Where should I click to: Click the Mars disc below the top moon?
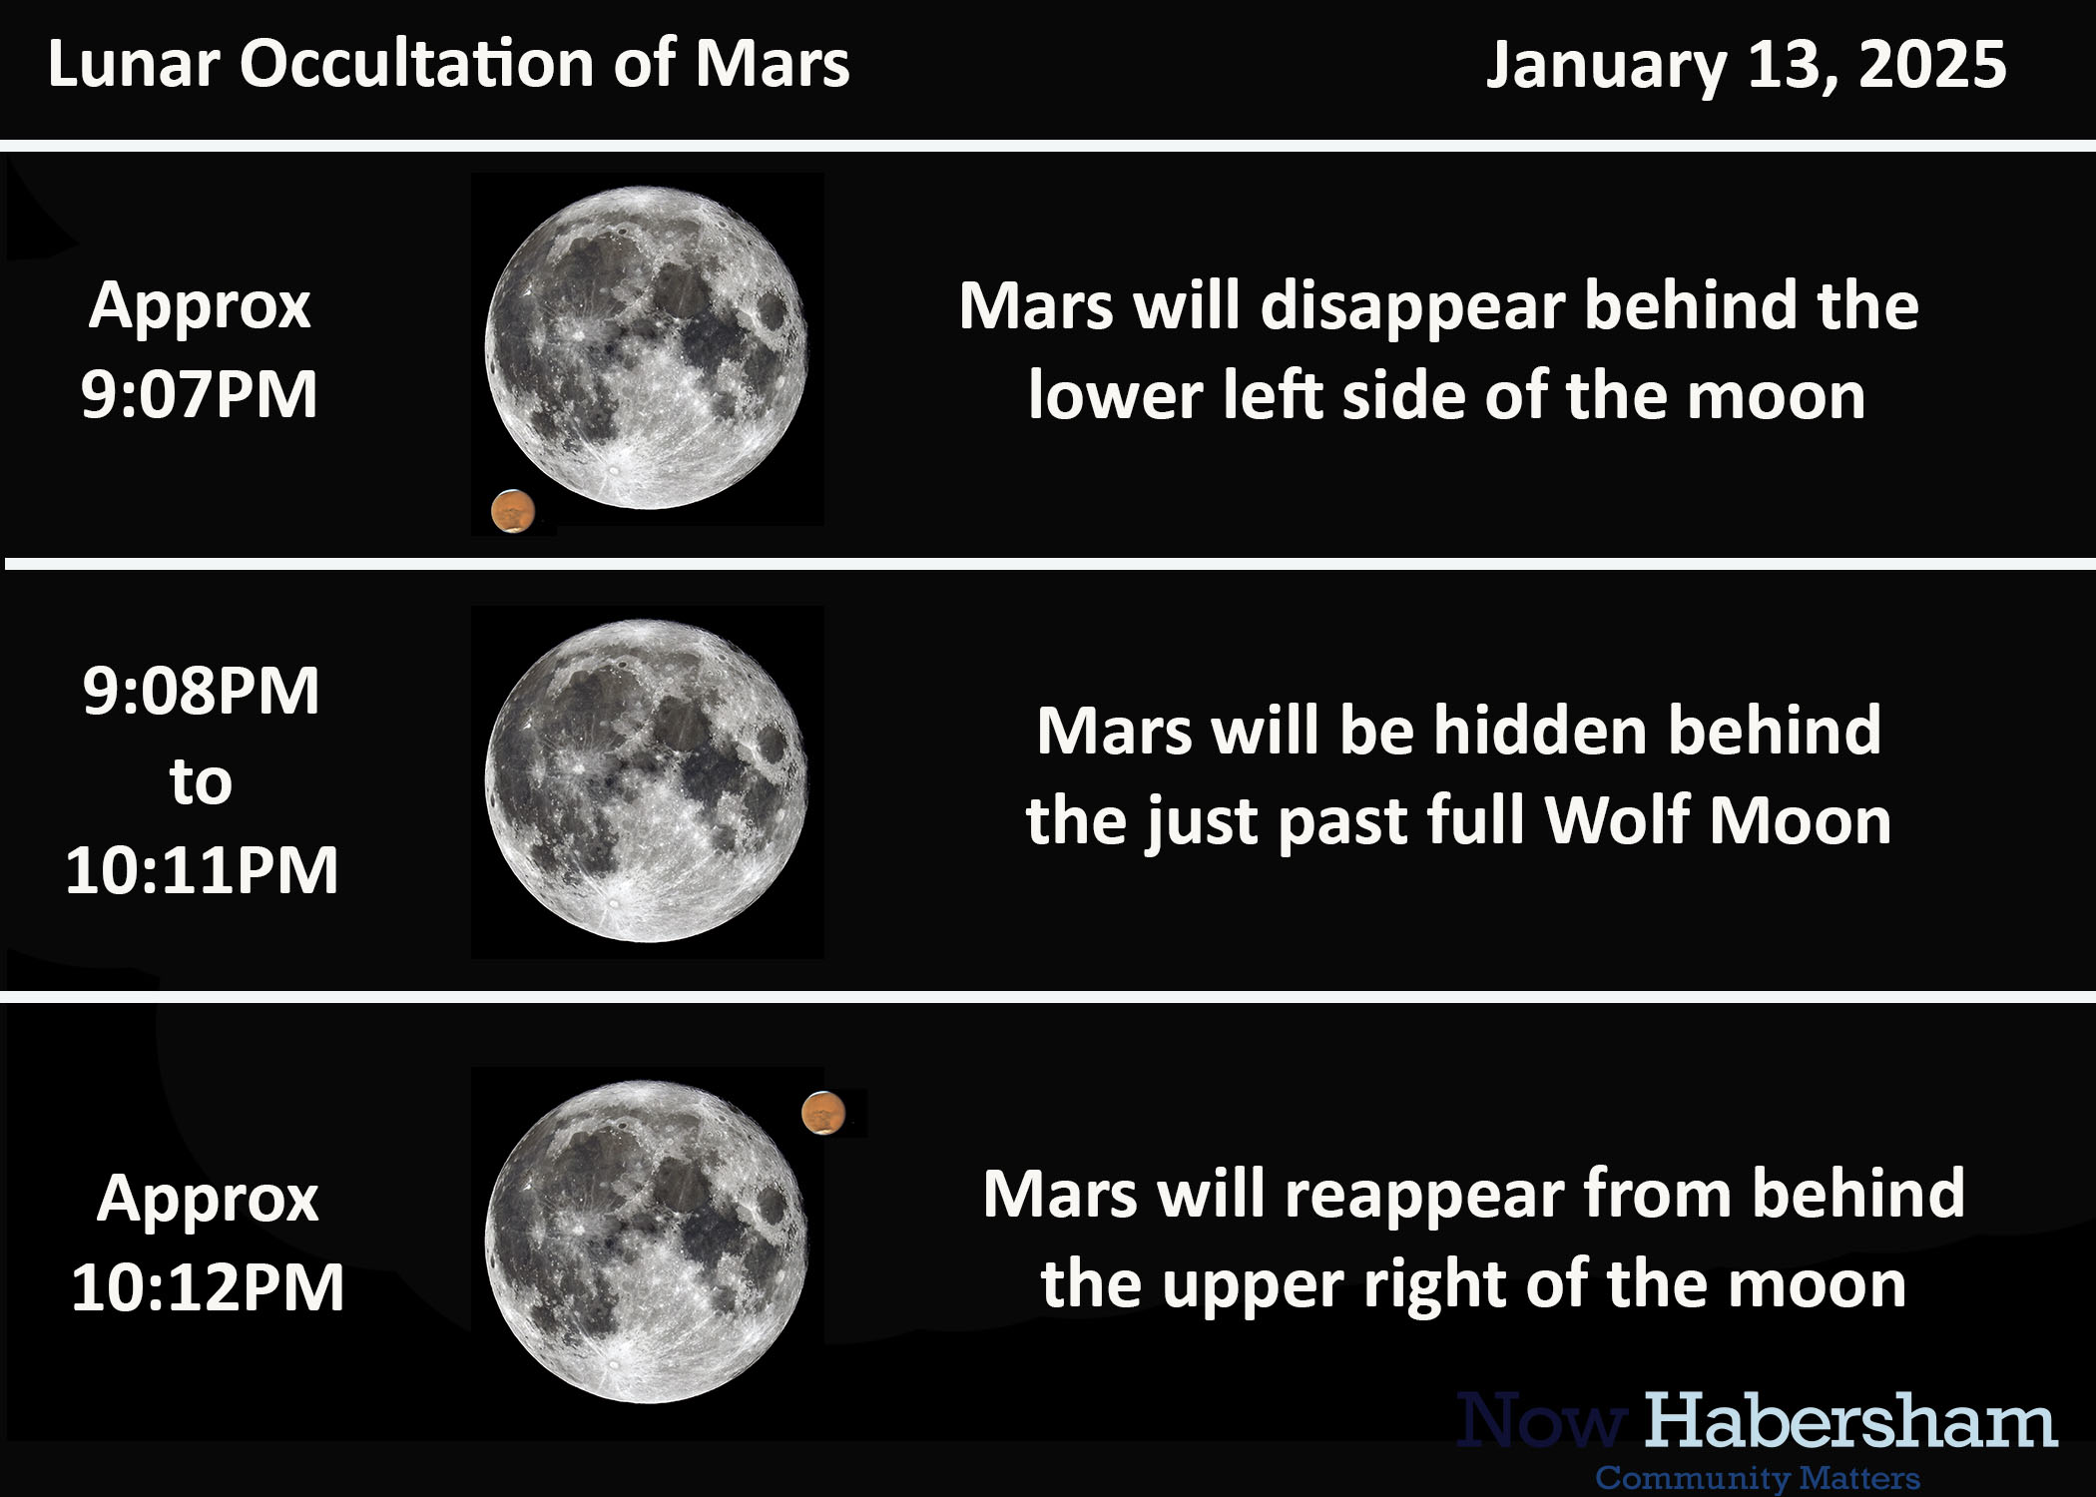click(513, 511)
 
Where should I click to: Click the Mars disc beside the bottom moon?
click(823, 1113)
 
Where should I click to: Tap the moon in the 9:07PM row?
click(647, 347)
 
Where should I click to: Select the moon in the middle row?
click(647, 781)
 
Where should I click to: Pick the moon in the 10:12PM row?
click(647, 1243)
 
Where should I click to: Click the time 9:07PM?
click(200, 393)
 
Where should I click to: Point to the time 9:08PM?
click(202, 690)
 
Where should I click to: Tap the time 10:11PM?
click(203, 869)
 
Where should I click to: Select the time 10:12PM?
click(208, 1286)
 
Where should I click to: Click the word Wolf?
click(1615, 820)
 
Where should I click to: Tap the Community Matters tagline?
click(1758, 1478)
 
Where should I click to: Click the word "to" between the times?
click(201, 782)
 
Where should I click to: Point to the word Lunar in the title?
click(134, 65)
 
